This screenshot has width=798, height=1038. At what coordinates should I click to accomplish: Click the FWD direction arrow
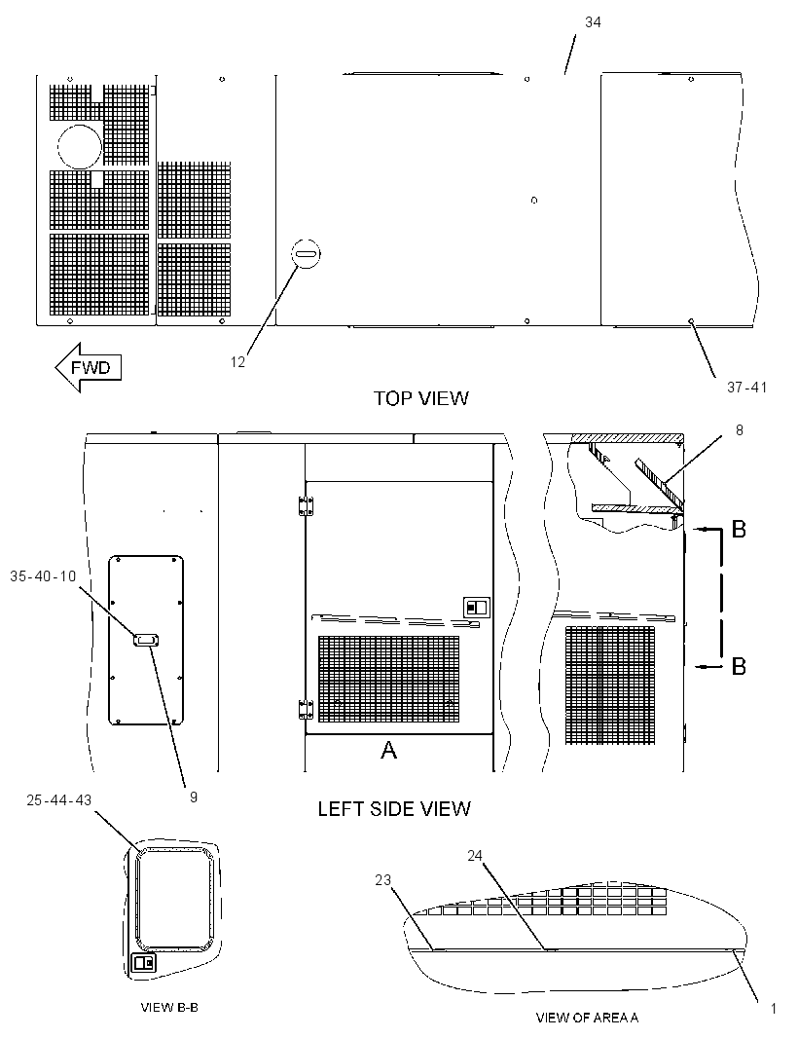point(88,367)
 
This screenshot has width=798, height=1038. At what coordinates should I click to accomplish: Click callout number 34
point(593,22)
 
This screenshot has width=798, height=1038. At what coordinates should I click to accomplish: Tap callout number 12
point(237,362)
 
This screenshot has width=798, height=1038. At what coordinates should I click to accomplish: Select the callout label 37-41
point(747,388)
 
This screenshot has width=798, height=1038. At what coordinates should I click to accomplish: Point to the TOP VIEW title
point(420,398)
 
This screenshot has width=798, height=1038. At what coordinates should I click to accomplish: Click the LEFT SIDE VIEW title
point(394,808)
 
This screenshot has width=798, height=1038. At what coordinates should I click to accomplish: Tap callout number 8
point(739,430)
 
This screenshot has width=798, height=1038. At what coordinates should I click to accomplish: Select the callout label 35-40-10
point(43,575)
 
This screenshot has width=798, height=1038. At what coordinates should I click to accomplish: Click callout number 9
point(194,797)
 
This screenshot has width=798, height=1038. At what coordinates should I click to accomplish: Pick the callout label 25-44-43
point(59,799)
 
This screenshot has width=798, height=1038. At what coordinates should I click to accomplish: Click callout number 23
point(383,880)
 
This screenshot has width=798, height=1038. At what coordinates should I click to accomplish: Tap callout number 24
point(475,856)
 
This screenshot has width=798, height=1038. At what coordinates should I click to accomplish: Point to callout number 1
point(774,1009)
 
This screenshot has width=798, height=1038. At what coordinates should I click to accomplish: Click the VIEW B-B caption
point(169,1008)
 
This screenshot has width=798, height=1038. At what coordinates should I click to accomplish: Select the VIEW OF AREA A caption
point(587,1018)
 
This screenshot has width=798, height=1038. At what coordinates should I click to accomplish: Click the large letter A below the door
point(388,750)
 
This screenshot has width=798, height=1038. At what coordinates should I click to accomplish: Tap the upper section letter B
point(739,529)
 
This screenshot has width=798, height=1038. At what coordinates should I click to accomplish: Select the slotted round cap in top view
point(307,253)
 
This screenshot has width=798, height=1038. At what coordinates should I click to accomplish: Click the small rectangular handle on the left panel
point(146,640)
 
